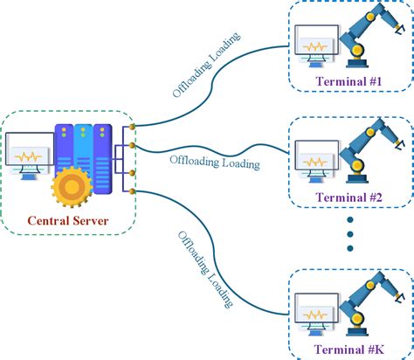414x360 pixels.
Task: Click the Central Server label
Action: point(68,220)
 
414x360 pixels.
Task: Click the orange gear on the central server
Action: point(70,187)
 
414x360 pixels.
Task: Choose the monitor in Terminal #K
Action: point(316,309)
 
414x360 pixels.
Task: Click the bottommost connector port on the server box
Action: point(130,190)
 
